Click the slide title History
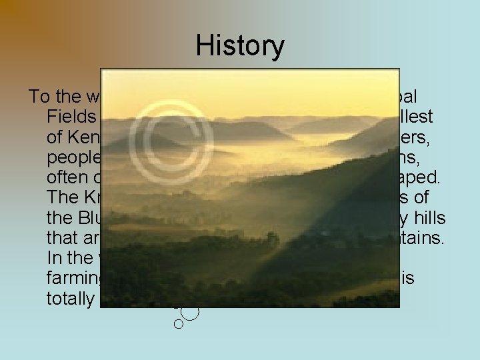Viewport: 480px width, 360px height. [240, 46]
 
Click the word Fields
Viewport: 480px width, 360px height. [71, 118]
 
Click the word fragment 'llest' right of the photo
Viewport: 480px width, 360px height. [417, 118]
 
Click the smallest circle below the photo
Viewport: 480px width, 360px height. [178, 324]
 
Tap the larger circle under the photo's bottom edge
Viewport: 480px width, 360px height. [190, 312]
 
